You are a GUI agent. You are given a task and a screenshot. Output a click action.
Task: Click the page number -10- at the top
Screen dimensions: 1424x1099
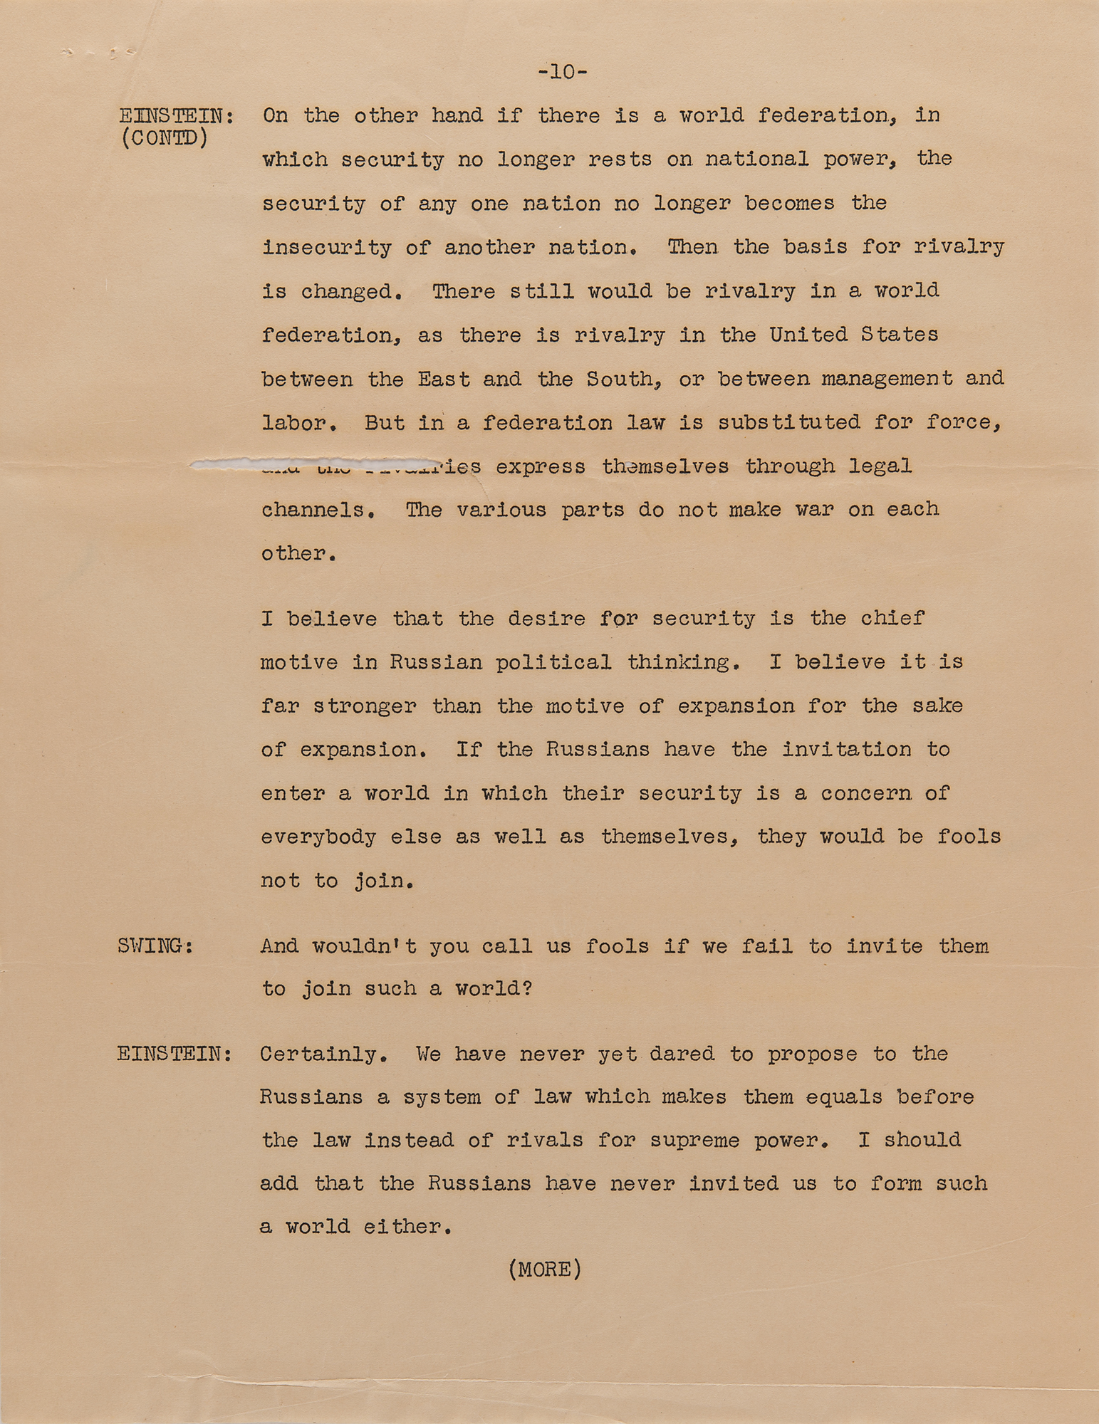pyautogui.click(x=563, y=72)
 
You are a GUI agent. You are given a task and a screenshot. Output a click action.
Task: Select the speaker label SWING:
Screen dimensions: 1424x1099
pyautogui.click(x=155, y=946)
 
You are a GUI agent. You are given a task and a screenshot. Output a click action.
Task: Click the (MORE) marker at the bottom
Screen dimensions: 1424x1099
pyautogui.click(x=545, y=1269)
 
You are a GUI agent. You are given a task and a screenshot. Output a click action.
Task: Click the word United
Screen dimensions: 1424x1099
pyautogui.click(x=808, y=335)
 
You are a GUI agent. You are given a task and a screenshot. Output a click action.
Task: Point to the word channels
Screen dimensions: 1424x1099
pyautogui.click(x=318, y=511)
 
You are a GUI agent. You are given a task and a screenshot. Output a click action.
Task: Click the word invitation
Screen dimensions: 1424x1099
pyautogui.click(x=847, y=750)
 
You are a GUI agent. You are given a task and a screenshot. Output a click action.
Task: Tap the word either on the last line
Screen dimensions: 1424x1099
pyautogui.click(x=407, y=1227)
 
